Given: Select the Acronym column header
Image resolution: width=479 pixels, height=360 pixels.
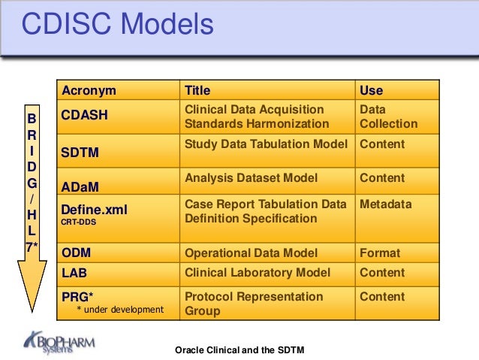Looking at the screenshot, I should coord(89,91).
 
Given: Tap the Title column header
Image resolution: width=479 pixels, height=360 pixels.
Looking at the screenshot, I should coord(197,91).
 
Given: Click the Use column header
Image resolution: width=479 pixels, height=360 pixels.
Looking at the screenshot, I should coord(372,91).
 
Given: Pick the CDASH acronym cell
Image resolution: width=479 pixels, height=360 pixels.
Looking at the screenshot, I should coord(84,116).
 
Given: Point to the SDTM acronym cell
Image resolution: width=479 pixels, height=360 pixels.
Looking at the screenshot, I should coord(80,153).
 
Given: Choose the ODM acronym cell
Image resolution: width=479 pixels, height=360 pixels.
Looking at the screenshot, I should coord(78,253).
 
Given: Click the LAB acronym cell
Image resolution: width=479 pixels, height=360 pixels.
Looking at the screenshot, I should coord(75,273).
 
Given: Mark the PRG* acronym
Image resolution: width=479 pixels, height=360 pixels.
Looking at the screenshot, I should coord(77,296).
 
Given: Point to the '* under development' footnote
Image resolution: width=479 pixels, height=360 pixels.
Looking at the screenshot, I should coord(119,310).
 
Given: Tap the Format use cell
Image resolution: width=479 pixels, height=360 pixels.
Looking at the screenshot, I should coord(380,253).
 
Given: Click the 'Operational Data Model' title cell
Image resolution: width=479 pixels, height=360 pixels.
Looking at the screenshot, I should coord(251,253).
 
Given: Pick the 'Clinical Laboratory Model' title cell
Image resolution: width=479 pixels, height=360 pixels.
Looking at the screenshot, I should coord(258,273).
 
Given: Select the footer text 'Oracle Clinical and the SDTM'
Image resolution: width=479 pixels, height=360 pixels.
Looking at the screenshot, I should coord(239,351).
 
